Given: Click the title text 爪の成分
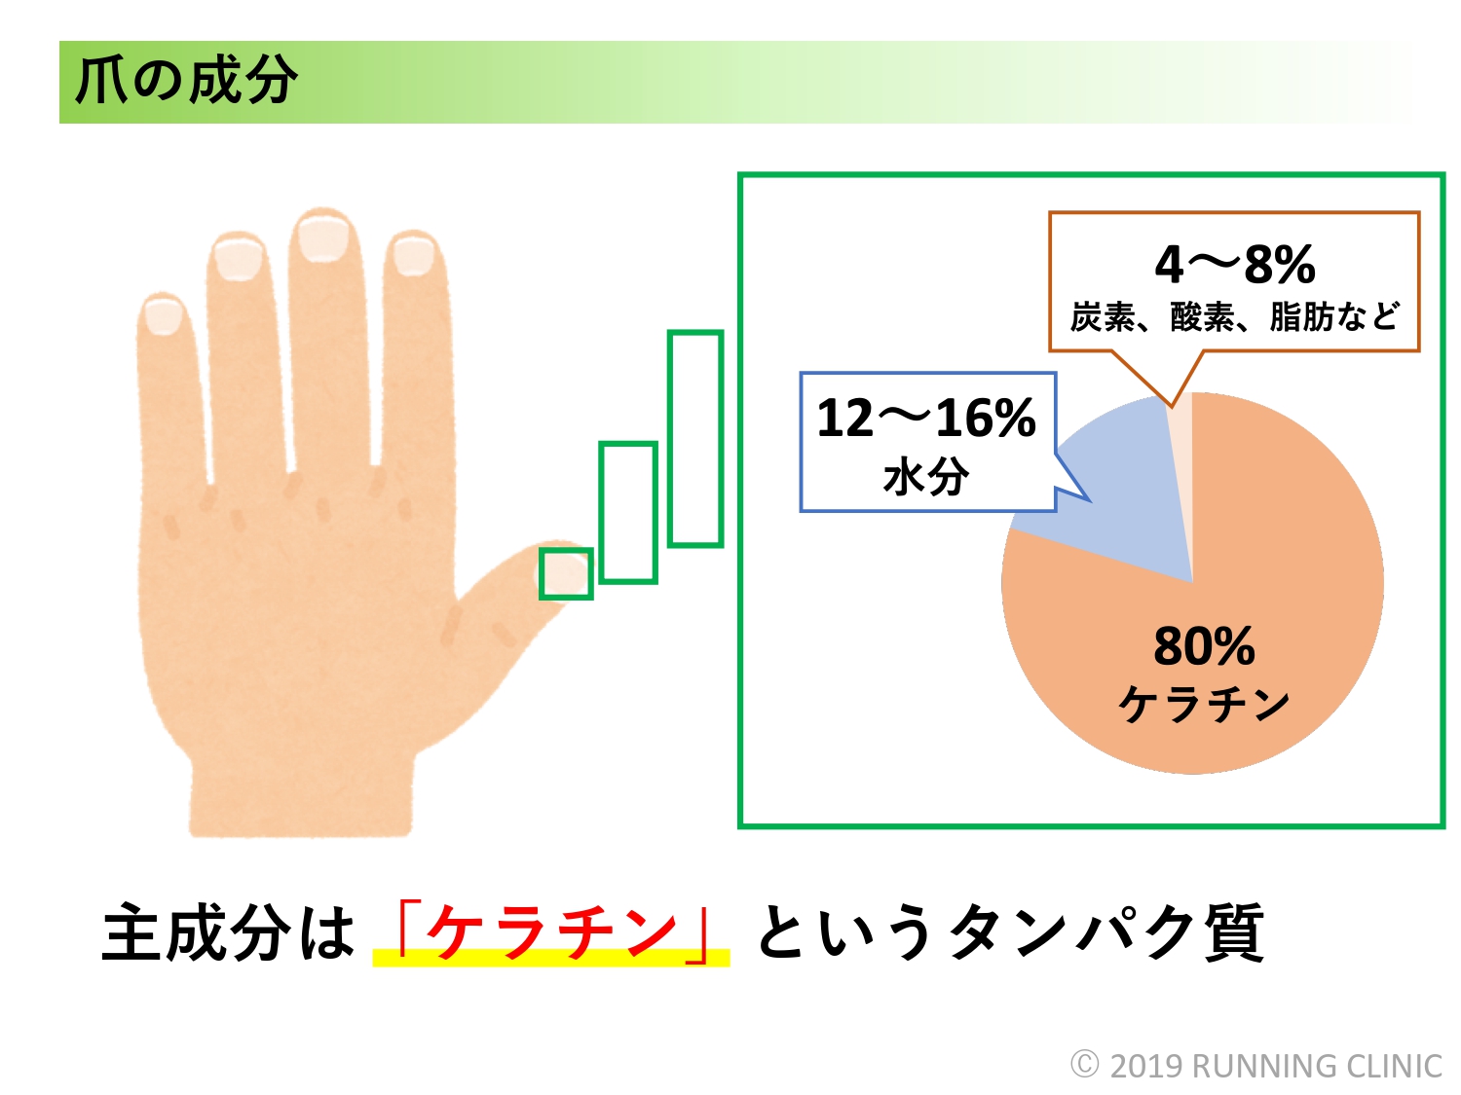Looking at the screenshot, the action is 186,82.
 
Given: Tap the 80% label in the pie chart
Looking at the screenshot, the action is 1205,646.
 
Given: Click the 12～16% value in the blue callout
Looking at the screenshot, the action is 926,419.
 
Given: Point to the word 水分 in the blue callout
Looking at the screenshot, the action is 926,477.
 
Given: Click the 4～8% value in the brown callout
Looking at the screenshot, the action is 1235,264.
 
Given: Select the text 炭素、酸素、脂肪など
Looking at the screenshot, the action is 1235,316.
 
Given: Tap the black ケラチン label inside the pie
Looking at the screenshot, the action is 1204,704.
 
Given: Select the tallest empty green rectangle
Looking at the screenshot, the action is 670,439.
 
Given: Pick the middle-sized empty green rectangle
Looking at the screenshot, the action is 601,513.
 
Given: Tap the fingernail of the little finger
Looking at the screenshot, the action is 163,315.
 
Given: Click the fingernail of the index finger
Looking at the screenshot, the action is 413,257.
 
